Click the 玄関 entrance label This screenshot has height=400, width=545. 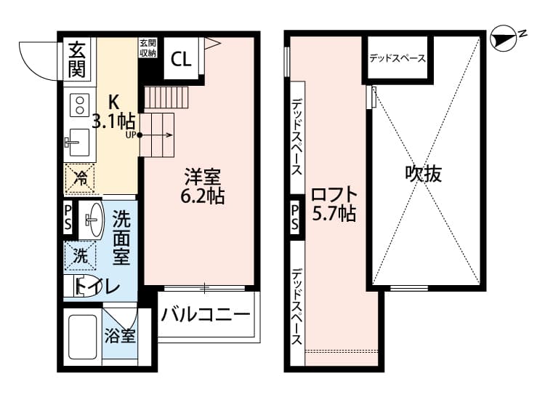pyautogui.click(x=77, y=60)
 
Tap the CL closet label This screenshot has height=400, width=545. pyautogui.click(x=181, y=59)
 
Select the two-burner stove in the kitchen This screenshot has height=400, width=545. pyautogui.click(x=80, y=105)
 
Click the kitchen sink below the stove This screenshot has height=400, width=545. pyautogui.click(x=79, y=143)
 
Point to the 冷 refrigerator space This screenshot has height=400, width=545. pyautogui.click(x=80, y=179)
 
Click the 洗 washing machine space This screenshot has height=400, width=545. pyautogui.click(x=80, y=256)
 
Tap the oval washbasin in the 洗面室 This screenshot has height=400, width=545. pyautogui.click(x=92, y=220)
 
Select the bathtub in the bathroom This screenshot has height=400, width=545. pyautogui.click(x=82, y=337)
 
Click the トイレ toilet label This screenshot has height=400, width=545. pyautogui.click(x=97, y=287)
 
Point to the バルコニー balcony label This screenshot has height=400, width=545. pyautogui.click(x=206, y=314)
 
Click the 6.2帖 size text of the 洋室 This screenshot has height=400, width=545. pyautogui.click(x=202, y=196)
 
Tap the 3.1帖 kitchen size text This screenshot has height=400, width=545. pyautogui.click(x=113, y=121)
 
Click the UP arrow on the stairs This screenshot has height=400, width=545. pyautogui.click(x=156, y=135)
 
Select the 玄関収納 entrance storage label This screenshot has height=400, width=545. pyautogui.click(x=148, y=48)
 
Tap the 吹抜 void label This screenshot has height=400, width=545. pyautogui.click(x=424, y=173)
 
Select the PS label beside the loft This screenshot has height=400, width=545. pyautogui.click(x=295, y=217)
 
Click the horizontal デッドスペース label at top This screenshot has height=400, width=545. pyautogui.click(x=397, y=58)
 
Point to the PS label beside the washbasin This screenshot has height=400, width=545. pyautogui.click(x=68, y=217)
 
